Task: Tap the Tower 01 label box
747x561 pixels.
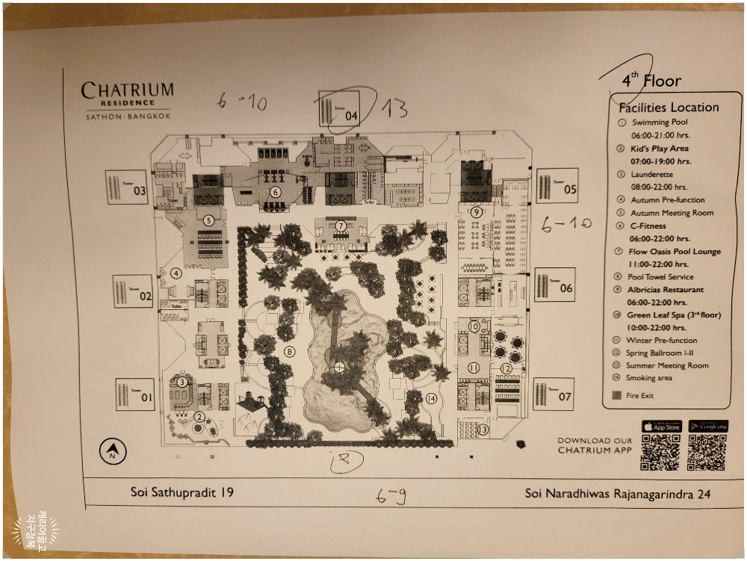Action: click(x=134, y=394)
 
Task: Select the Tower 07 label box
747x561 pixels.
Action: click(x=554, y=394)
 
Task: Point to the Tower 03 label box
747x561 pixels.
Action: click(x=126, y=187)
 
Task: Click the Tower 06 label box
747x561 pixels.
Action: click(x=554, y=285)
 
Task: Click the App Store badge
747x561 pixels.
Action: click(x=661, y=426)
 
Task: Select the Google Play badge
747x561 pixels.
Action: click(x=707, y=426)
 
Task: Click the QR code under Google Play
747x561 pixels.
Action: click(x=707, y=453)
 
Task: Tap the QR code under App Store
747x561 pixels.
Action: click(x=660, y=453)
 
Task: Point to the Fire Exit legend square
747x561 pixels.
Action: click(x=616, y=396)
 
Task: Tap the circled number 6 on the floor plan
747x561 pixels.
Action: click(x=276, y=192)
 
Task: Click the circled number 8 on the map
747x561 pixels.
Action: click(x=290, y=351)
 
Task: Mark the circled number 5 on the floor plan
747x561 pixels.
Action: click(x=208, y=220)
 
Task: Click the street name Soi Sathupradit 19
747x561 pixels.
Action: click(x=182, y=493)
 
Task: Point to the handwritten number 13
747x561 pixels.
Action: click(x=394, y=109)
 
